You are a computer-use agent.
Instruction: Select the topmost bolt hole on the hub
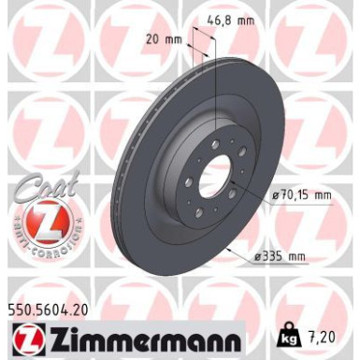click(216, 143)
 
